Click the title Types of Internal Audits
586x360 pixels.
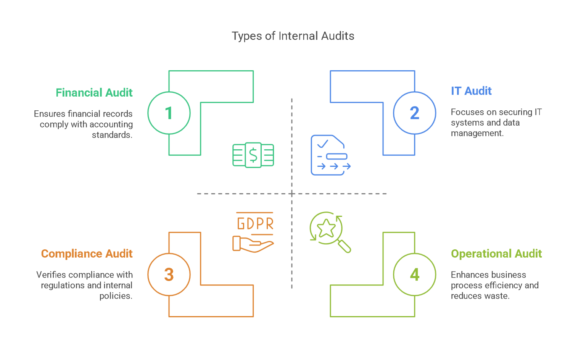point(293,36)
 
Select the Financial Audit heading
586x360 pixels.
point(94,93)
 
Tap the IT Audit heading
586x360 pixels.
point(471,91)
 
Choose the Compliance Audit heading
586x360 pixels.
point(87,254)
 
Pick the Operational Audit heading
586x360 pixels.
point(496,254)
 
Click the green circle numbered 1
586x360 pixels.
point(169,113)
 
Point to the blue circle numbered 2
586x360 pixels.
point(414,113)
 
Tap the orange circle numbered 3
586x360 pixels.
point(169,274)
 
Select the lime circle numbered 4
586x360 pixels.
point(414,274)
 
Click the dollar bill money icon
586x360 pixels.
point(253,155)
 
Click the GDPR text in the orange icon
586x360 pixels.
point(255,224)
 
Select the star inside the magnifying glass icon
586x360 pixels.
point(327,229)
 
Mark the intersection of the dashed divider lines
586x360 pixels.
point(292,194)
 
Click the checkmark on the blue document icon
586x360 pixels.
point(323,144)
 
